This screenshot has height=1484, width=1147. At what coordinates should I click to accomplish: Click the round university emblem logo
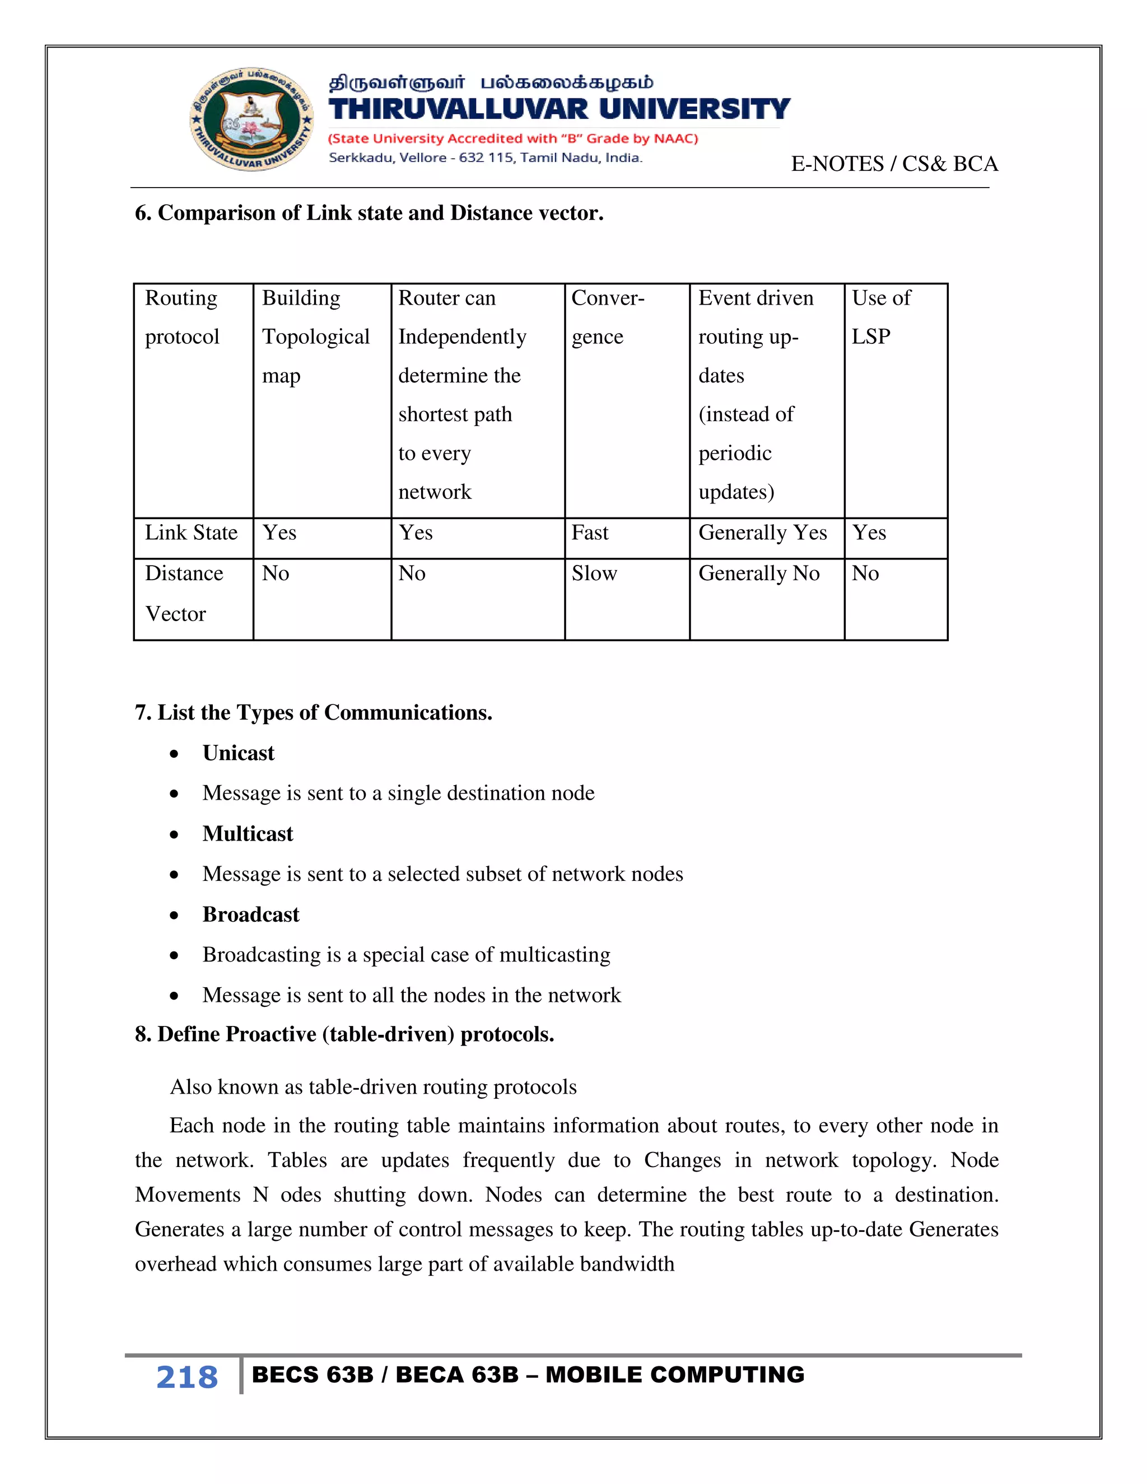[251, 120]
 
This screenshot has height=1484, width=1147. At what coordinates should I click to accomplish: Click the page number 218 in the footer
[187, 1378]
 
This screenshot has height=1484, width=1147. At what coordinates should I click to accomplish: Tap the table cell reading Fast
[590, 533]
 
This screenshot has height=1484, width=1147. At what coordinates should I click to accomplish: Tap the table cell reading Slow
[594, 573]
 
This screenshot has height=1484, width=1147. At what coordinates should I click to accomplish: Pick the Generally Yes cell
[762, 533]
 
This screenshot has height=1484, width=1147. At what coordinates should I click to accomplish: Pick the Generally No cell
[758, 573]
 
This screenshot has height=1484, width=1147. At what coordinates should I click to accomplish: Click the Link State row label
[191, 533]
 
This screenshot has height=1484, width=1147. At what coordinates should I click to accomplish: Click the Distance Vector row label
[184, 593]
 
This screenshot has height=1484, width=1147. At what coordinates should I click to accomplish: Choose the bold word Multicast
[248, 834]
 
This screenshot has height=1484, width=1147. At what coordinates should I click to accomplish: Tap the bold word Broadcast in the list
[251, 914]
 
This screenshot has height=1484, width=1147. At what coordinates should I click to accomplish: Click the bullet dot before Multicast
[175, 835]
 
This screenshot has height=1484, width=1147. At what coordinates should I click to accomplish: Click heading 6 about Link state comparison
[369, 213]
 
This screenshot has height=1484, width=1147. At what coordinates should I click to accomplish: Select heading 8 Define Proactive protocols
[344, 1034]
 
